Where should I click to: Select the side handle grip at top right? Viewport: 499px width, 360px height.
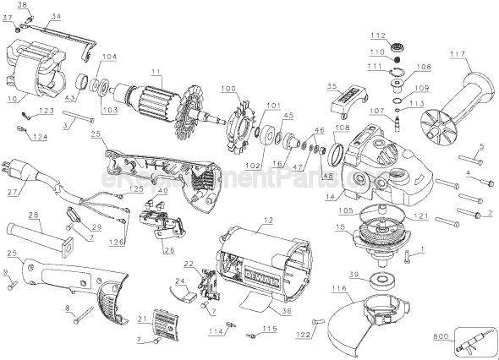(x=453, y=100)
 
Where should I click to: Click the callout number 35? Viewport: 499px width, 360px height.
(x=332, y=86)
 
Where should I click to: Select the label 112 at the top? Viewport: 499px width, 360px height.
(x=377, y=35)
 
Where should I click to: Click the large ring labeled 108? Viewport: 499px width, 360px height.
(x=336, y=155)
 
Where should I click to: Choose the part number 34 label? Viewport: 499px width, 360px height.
(x=56, y=16)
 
